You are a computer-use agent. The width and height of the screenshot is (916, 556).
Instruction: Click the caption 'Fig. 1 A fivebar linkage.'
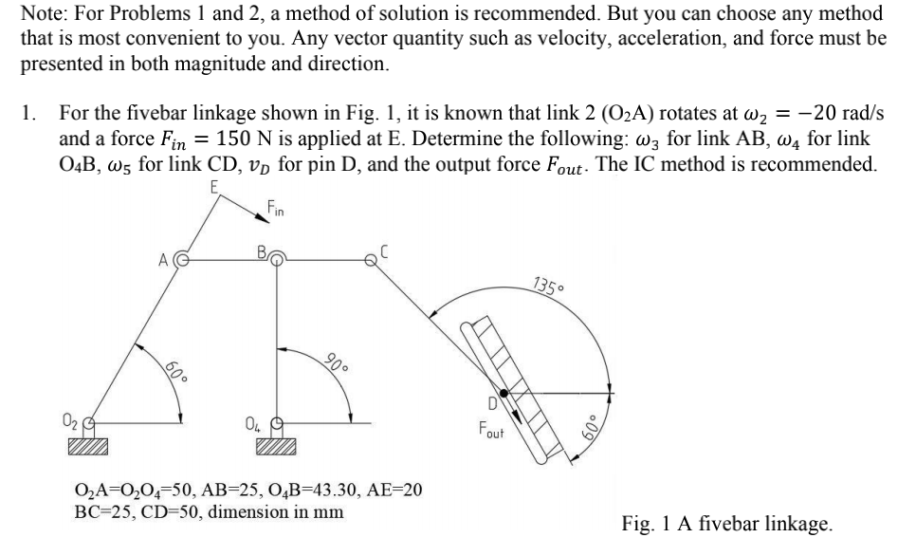[727, 522]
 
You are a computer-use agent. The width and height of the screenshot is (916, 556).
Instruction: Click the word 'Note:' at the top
[43, 14]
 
